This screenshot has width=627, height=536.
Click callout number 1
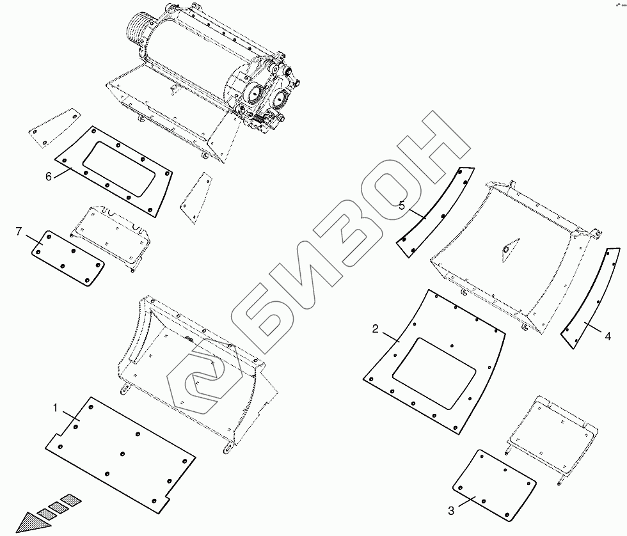(56, 407)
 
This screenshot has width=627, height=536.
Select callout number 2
(376, 329)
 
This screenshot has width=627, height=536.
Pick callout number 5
(402, 206)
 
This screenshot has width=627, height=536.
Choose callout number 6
(49, 177)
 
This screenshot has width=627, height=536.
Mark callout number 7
(19, 231)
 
